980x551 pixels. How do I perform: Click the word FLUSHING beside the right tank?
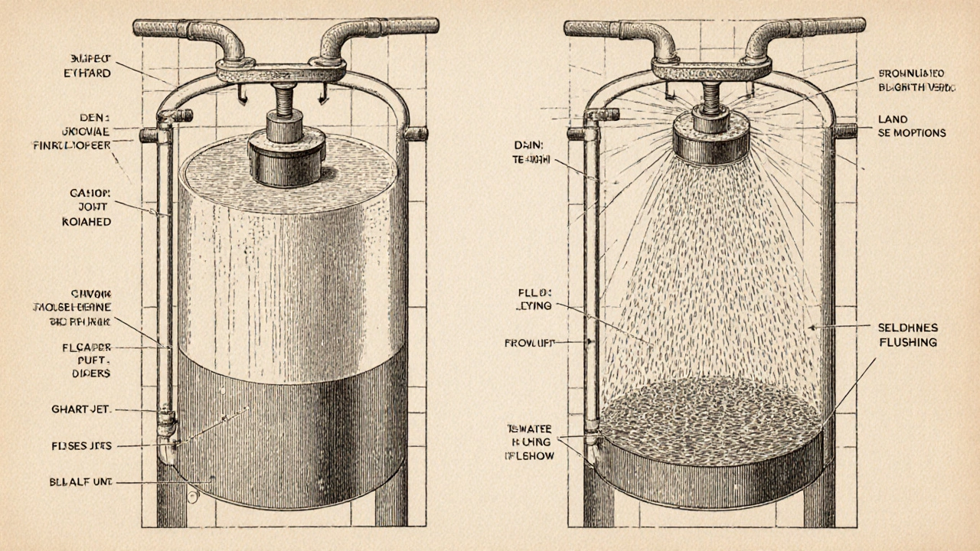(907, 342)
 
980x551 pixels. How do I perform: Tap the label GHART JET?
(82, 410)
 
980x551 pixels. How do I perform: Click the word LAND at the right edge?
(893, 119)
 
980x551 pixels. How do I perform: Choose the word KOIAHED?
(86, 221)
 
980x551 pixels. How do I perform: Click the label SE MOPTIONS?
(911, 133)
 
